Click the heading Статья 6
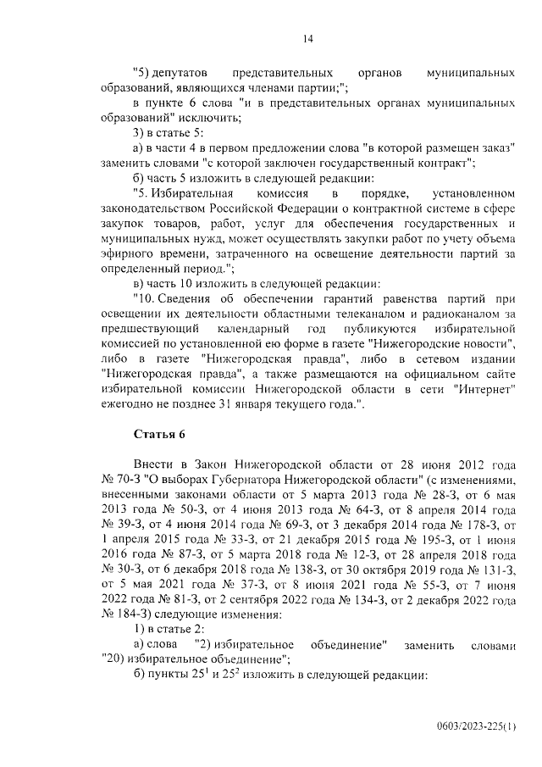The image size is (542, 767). tap(158, 435)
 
